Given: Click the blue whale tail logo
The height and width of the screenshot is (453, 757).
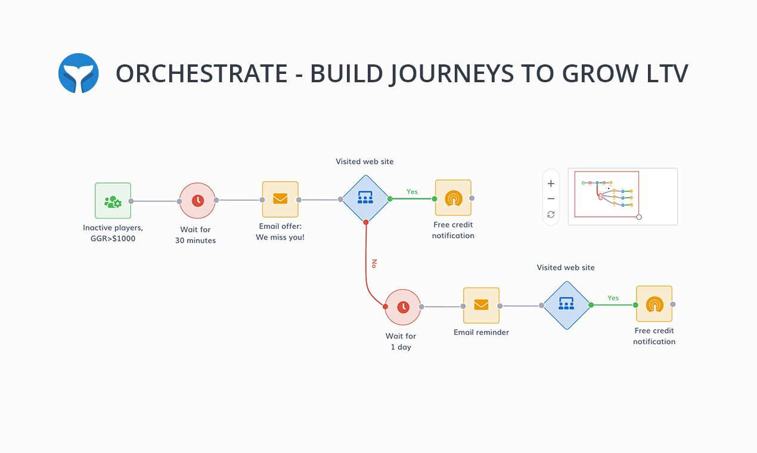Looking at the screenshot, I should (x=78, y=73).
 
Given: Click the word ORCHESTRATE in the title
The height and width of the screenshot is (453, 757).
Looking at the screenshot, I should (x=201, y=73).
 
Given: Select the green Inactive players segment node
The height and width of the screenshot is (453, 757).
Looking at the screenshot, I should (x=113, y=201).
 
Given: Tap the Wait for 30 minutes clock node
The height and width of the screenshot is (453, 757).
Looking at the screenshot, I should (x=197, y=201).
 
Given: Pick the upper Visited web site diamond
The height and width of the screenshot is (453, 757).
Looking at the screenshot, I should (x=365, y=198).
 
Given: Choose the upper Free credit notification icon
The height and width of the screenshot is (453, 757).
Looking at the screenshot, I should (x=453, y=198).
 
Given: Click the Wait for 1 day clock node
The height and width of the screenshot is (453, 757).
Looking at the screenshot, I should (x=403, y=307).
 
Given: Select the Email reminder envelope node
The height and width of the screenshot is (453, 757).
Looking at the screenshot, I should (x=481, y=305).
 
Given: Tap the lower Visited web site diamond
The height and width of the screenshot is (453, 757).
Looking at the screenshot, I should (x=566, y=305).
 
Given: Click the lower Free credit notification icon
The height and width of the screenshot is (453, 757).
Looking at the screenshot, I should (x=654, y=304).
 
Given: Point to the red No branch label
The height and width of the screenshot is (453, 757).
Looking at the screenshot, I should (x=374, y=263).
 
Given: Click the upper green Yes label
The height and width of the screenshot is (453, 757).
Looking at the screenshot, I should (x=412, y=192).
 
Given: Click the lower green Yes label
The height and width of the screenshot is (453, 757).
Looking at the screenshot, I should (x=613, y=298).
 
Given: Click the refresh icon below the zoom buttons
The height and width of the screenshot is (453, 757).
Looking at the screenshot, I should (x=551, y=215).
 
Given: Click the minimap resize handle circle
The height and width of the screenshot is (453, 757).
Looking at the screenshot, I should (x=639, y=217).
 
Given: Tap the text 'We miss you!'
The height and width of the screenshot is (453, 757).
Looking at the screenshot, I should (x=280, y=237).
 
